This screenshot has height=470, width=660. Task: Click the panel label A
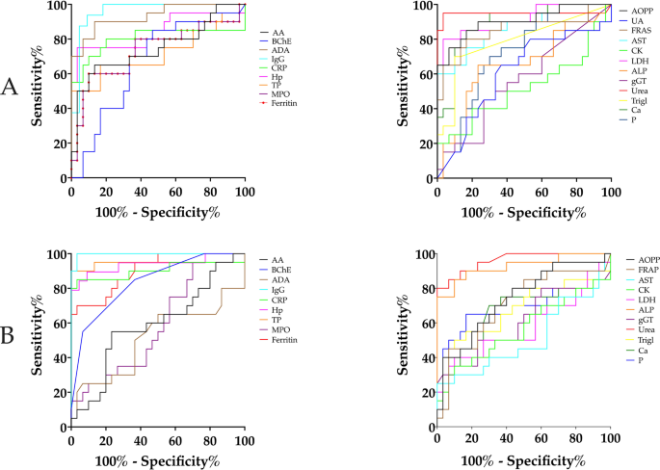12,89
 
